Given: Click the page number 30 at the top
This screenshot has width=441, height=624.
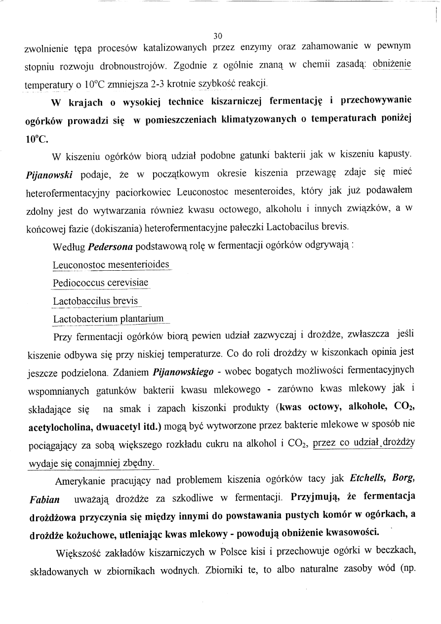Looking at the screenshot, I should pos(218,36).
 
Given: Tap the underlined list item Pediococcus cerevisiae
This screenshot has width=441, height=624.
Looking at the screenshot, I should pos(100,283).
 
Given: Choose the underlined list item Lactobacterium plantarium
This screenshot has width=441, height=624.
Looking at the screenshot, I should pos(108,319).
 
